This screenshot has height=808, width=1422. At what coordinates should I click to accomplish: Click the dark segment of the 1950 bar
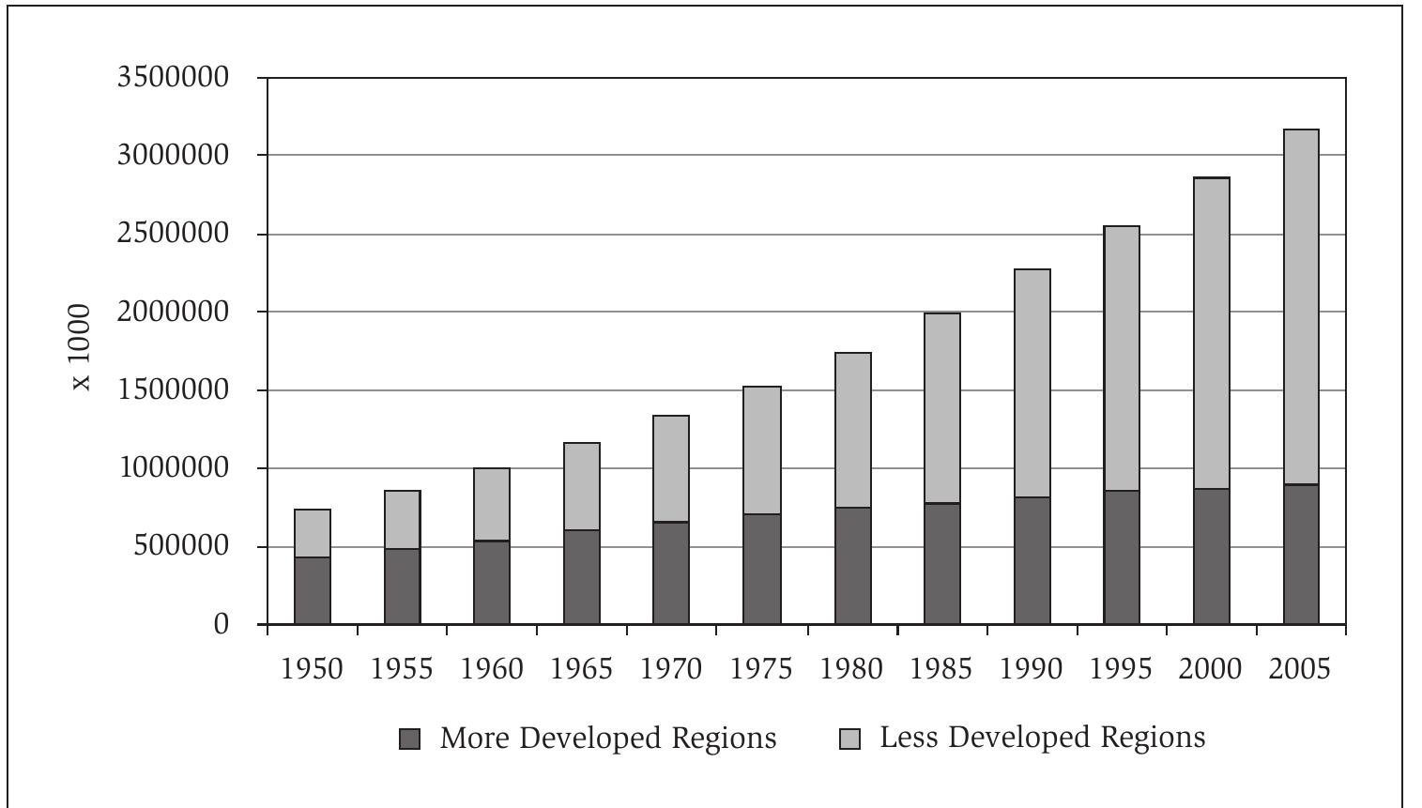click(313, 590)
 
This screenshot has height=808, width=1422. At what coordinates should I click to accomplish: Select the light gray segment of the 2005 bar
click(1301, 307)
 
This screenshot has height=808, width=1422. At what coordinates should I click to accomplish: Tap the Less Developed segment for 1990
click(1032, 383)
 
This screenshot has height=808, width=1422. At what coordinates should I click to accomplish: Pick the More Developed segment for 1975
click(761, 569)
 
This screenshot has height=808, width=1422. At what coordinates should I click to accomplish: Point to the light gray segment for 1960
click(492, 504)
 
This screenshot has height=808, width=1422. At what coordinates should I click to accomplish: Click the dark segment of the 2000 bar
click(1211, 556)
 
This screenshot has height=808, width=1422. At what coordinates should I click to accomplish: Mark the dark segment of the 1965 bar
click(582, 576)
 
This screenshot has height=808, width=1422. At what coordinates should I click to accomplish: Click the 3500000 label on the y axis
click(173, 77)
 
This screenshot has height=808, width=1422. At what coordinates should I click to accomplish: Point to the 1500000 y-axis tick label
click(173, 389)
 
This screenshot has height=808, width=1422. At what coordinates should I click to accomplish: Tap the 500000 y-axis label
click(180, 546)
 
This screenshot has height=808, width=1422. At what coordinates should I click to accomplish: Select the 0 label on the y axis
click(222, 624)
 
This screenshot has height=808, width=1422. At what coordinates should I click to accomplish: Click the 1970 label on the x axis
click(670, 669)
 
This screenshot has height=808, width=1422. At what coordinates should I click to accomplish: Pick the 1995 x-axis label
click(1121, 669)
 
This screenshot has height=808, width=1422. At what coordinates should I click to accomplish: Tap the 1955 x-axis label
click(402, 669)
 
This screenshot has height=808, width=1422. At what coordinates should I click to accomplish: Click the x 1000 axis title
click(82, 347)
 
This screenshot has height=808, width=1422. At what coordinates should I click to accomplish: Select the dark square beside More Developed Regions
click(409, 739)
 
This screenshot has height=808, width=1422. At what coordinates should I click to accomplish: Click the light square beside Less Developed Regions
click(849, 739)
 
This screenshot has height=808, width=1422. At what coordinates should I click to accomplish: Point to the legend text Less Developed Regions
click(1042, 738)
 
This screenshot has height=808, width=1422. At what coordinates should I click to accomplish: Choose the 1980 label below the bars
click(850, 669)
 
